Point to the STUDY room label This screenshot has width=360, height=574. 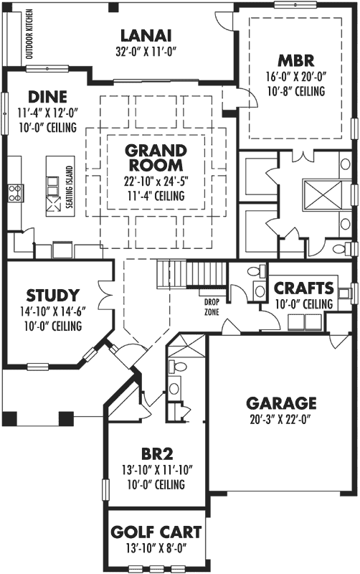[x=52, y=295]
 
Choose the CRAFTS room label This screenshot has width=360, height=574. [x=304, y=288]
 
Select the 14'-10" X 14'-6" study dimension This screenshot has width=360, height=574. [x=52, y=311]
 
